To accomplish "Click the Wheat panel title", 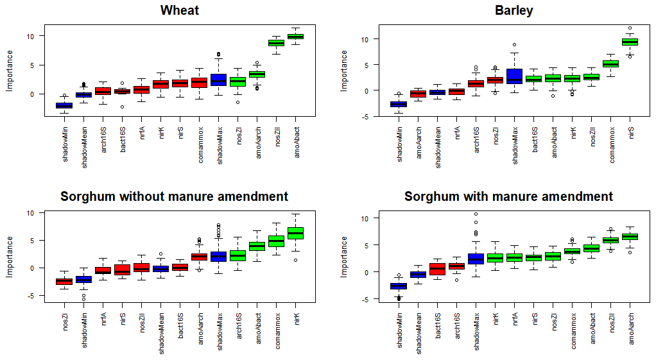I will point(180,10).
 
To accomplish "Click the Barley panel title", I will point(514,10).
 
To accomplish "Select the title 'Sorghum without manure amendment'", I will point(175,196).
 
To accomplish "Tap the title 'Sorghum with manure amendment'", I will point(508,196).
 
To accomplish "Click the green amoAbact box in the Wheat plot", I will point(295,37).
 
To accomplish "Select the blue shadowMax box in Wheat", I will point(218,80).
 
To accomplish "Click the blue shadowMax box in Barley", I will point(514,76).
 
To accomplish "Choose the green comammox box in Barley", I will point(610,64).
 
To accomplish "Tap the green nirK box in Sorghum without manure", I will point(295,233).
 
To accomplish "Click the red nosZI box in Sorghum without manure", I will point(64,281).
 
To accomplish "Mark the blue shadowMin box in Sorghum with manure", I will point(399,286).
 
